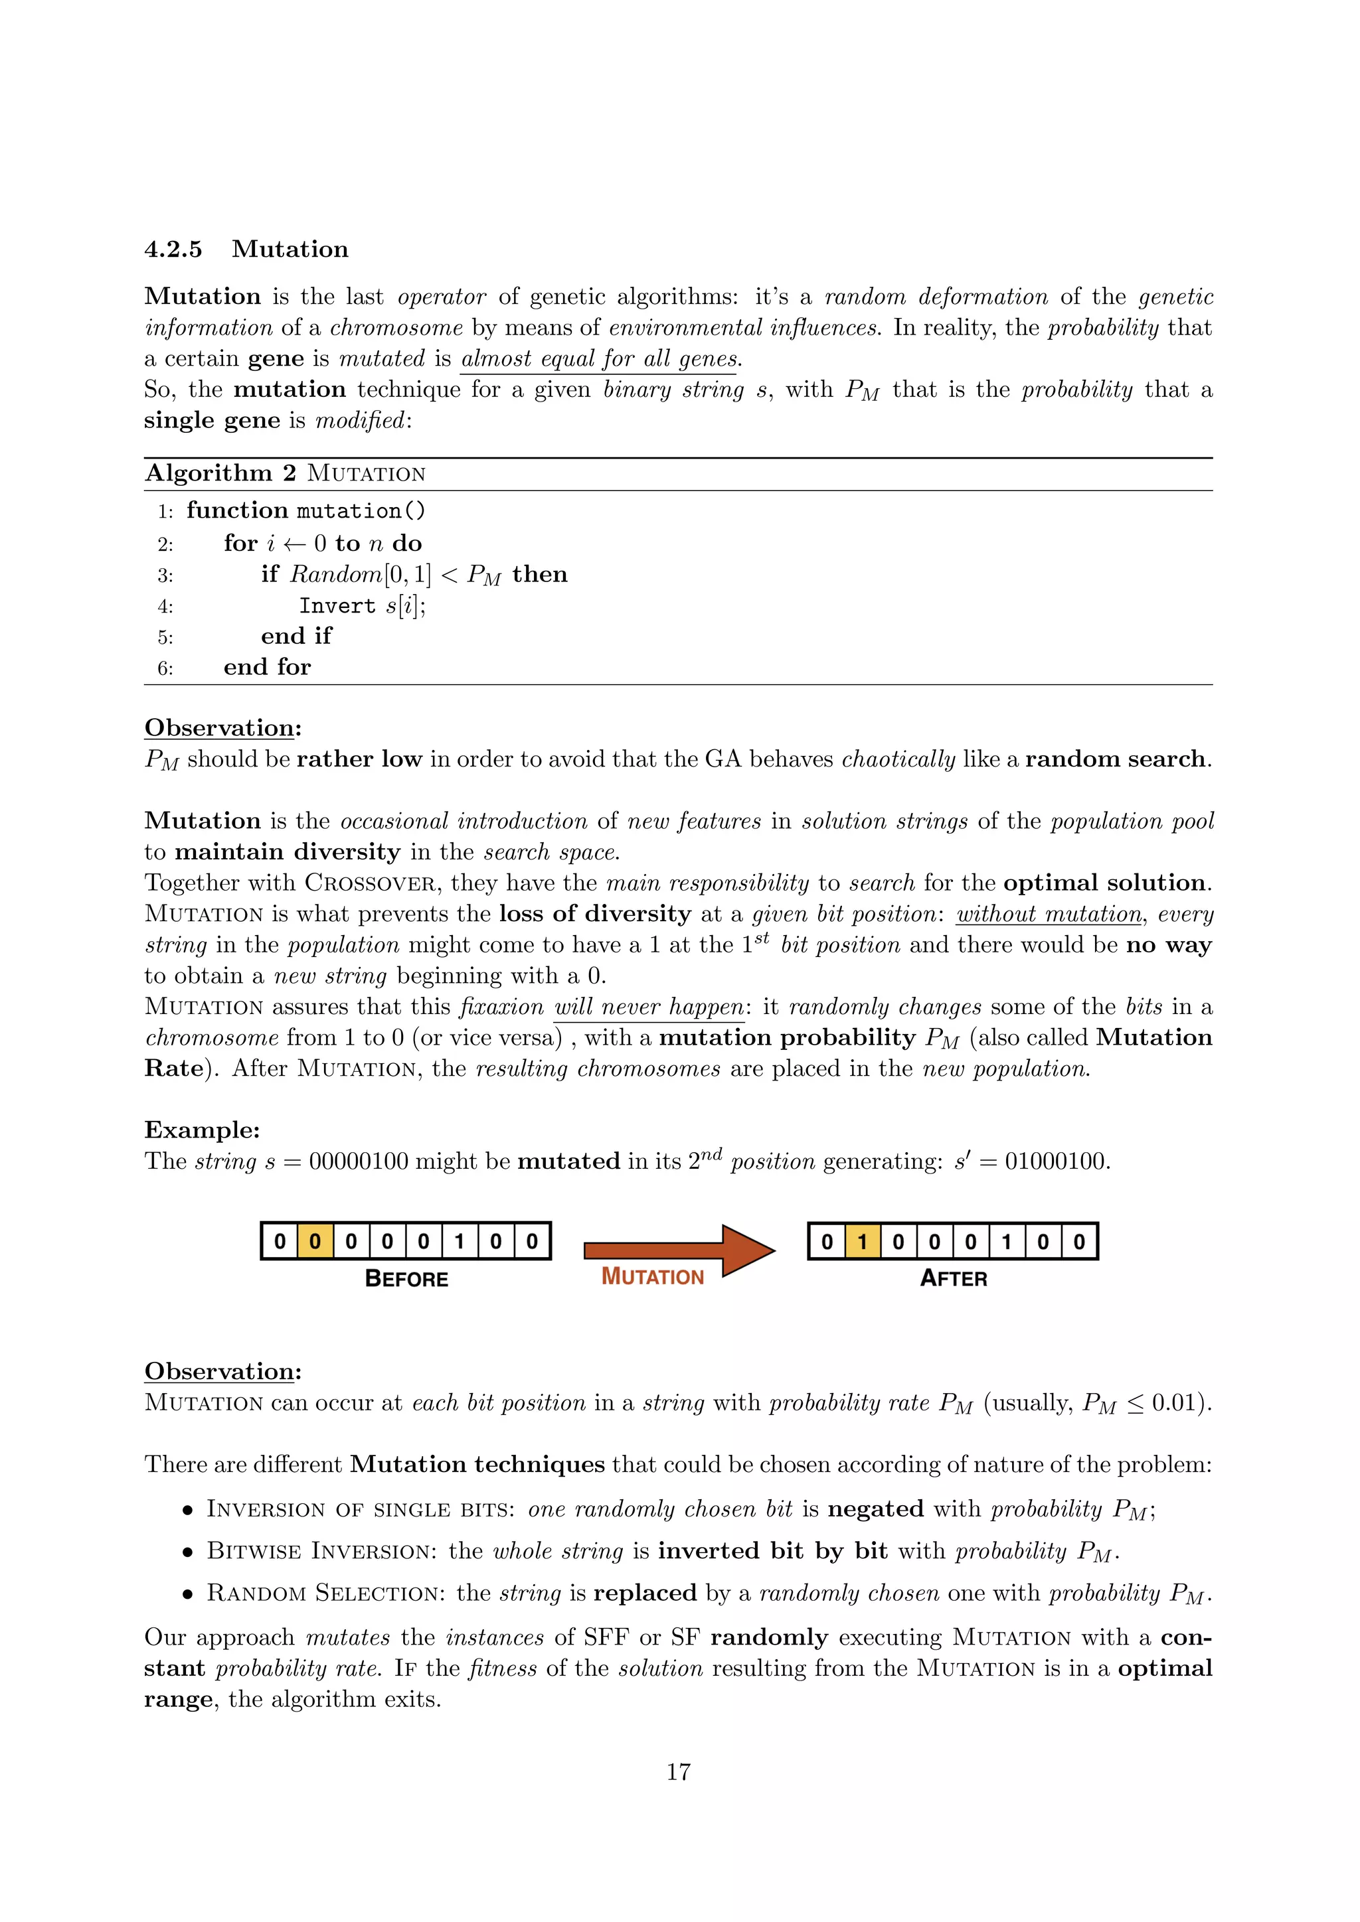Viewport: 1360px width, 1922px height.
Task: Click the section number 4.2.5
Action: click(x=173, y=250)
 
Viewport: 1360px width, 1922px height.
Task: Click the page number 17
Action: click(x=678, y=1771)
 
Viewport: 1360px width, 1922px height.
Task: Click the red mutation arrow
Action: click(x=678, y=1250)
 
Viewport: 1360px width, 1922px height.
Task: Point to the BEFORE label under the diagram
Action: click(x=406, y=1279)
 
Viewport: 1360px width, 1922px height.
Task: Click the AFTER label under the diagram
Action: click(x=953, y=1278)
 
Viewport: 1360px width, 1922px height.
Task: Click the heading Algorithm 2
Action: click(x=220, y=473)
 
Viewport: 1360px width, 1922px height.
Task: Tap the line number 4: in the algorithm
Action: click(x=165, y=606)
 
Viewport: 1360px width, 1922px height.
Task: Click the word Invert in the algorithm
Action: click(x=337, y=605)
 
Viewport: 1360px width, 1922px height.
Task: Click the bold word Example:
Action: click(x=202, y=1130)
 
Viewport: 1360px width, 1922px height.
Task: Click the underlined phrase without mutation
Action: click(x=1049, y=914)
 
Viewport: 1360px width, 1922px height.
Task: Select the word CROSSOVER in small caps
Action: click(x=369, y=883)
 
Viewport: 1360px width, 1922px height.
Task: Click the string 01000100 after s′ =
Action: click(x=1056, y=1162)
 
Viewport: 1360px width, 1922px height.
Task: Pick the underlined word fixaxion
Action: click(x=501, y=1007)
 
